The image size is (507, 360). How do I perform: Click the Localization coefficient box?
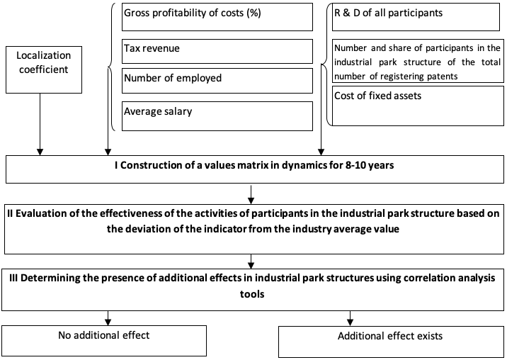point(44,69)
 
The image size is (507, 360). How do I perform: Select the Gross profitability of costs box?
point(217,17)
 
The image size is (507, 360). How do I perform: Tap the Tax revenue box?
point(217,52)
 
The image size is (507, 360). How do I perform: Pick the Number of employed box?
point(217,81)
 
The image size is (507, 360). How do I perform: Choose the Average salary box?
point(217,116)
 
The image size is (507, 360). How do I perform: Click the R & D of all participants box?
point(416,17)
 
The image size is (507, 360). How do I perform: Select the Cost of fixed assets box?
point(418,106)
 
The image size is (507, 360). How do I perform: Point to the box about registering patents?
point(418,61)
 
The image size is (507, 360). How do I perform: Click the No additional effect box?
point(104,341)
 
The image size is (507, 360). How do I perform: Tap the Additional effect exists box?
point(391,342)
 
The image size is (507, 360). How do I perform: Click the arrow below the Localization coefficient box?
point(40,124)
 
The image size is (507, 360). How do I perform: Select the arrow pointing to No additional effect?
point(108,318)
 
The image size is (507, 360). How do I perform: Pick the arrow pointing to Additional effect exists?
point(350,318)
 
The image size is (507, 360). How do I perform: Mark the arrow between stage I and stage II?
point(251,195)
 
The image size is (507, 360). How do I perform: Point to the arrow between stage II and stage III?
point(251,261)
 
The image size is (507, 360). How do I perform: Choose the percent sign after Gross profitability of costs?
point(253,13)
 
